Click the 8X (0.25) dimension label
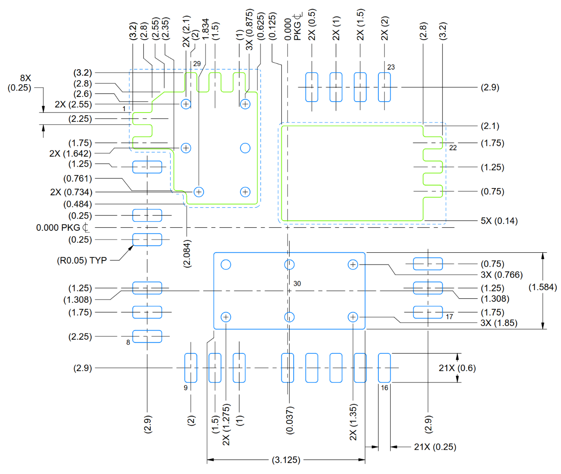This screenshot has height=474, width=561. coord(20,83)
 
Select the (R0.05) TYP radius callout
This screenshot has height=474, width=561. coord(82,260)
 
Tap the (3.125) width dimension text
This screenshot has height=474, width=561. coord(286,460)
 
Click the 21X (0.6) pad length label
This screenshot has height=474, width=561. coord(457,368)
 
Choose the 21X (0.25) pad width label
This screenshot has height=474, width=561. coord(435,447)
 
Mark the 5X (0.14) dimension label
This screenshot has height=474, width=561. coord(499,221)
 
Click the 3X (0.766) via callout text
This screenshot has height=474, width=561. coord(501,275)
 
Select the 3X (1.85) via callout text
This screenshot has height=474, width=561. coord(499,323)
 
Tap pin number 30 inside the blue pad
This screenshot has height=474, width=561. coord(297,284)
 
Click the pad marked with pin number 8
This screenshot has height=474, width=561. coord(147,336)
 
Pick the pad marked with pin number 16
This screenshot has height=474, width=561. coord(384,367)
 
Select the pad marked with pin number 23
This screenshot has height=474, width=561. coord(384,87)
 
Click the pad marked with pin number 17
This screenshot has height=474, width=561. coord(428,312)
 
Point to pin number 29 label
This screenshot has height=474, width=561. coord(197,64)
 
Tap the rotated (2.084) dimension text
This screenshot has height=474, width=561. coord(187,254)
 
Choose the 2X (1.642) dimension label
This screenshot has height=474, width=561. coord(70,154)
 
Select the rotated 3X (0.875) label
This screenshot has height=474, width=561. coord(250,30)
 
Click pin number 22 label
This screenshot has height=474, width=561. coord(453,148)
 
